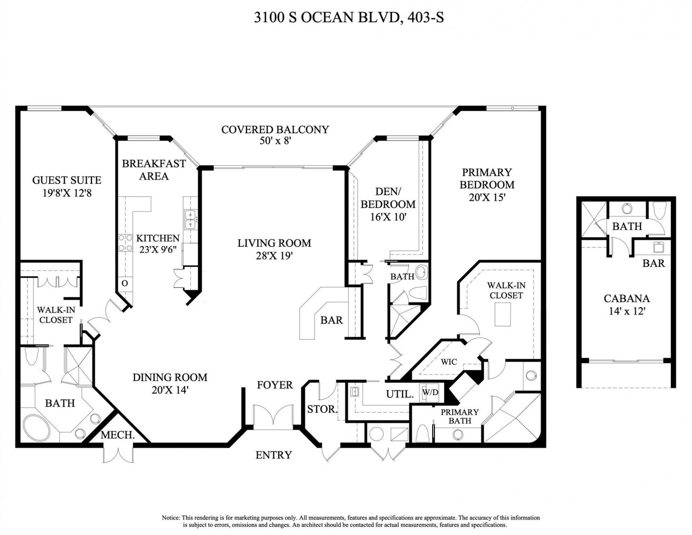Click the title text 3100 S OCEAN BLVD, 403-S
pyautogui.click(x=349, y=17)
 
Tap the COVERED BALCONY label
pyautogui.click(x=275, y=130)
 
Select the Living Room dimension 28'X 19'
pyautogui.click(x=274, y=256)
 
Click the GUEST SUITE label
pyautogui.click(x=67, y=180)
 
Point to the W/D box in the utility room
pyautogui.click(x=430, y=393)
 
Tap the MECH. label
pyautogui.click(x=117, y=435)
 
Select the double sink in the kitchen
pyautogui.click(x=190, y=220)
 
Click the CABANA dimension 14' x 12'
pyautogui.click(x=627, y=311)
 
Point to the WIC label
pyautogui.click(x=449, y=362)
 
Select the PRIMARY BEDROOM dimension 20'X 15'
pyautogui.click(x=487, y=197)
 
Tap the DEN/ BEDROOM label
pyautogui.click(x=388, y=198)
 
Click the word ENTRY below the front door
pyautogui.click(x=273, y=455)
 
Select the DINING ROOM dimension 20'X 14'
pyautogui.click(x=170, y=390)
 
